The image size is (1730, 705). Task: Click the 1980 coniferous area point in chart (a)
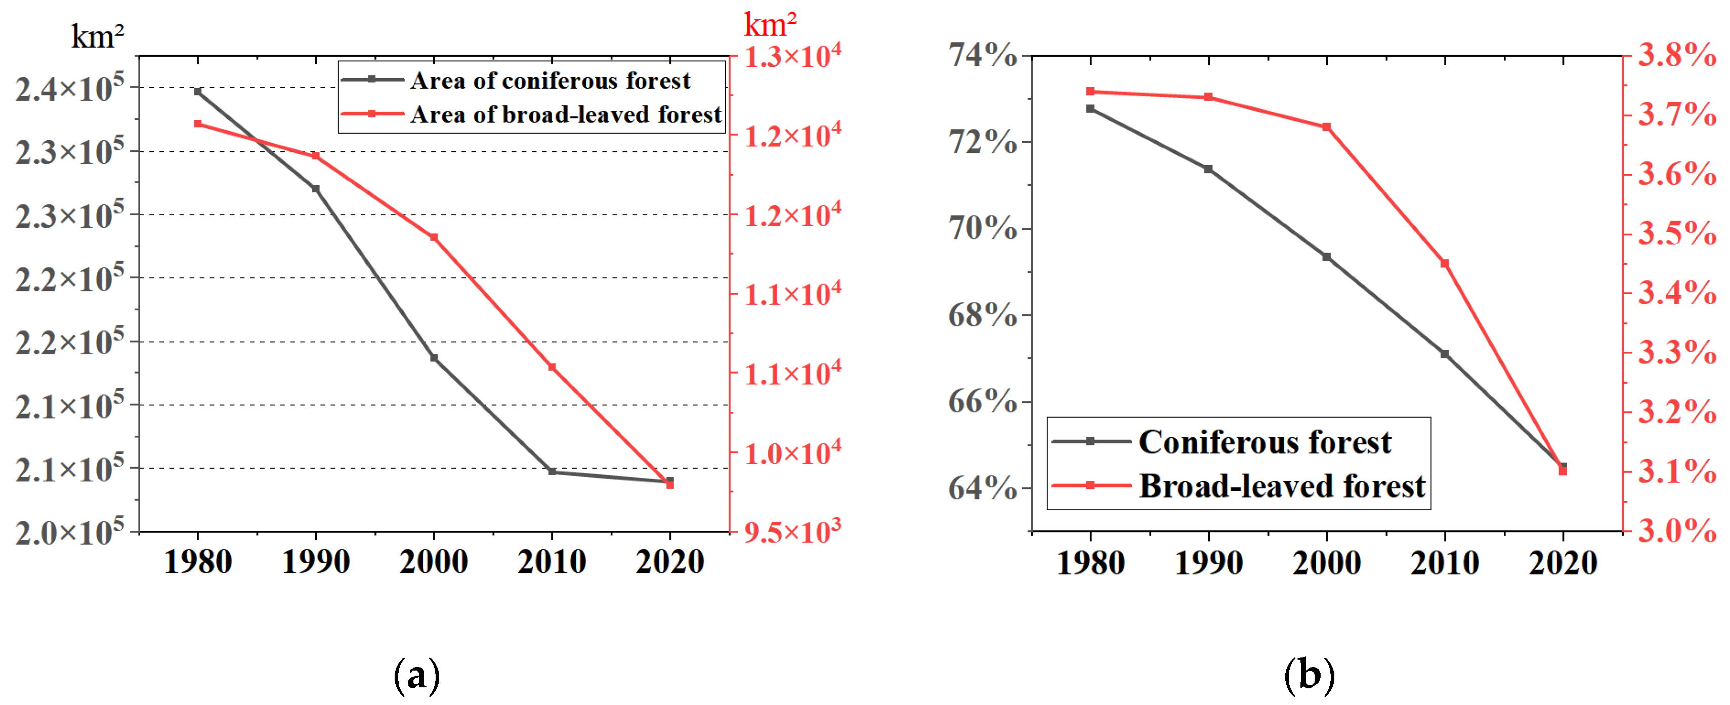click(x=198, y=91)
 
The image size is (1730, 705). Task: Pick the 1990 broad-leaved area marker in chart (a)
click(x=316, y=156)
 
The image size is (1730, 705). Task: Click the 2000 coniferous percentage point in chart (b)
click(x=1326, y=257)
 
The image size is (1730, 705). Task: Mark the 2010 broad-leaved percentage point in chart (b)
click(x=1445, y=264)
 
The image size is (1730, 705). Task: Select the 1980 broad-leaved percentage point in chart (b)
click(x=1090, y=91)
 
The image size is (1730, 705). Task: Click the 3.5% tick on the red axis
click(x=1677, y=233)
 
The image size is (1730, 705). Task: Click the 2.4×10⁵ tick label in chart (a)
click(x=70, y=88)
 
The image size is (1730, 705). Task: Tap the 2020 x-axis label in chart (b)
click(x=1563, y=563)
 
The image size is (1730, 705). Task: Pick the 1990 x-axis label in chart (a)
click(x=316, y=561)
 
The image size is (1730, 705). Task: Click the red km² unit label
click(x=770, y=25)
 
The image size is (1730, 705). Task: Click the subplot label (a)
click(x=416, y=674)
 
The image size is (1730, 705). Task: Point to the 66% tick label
click(x=982, y=401)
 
